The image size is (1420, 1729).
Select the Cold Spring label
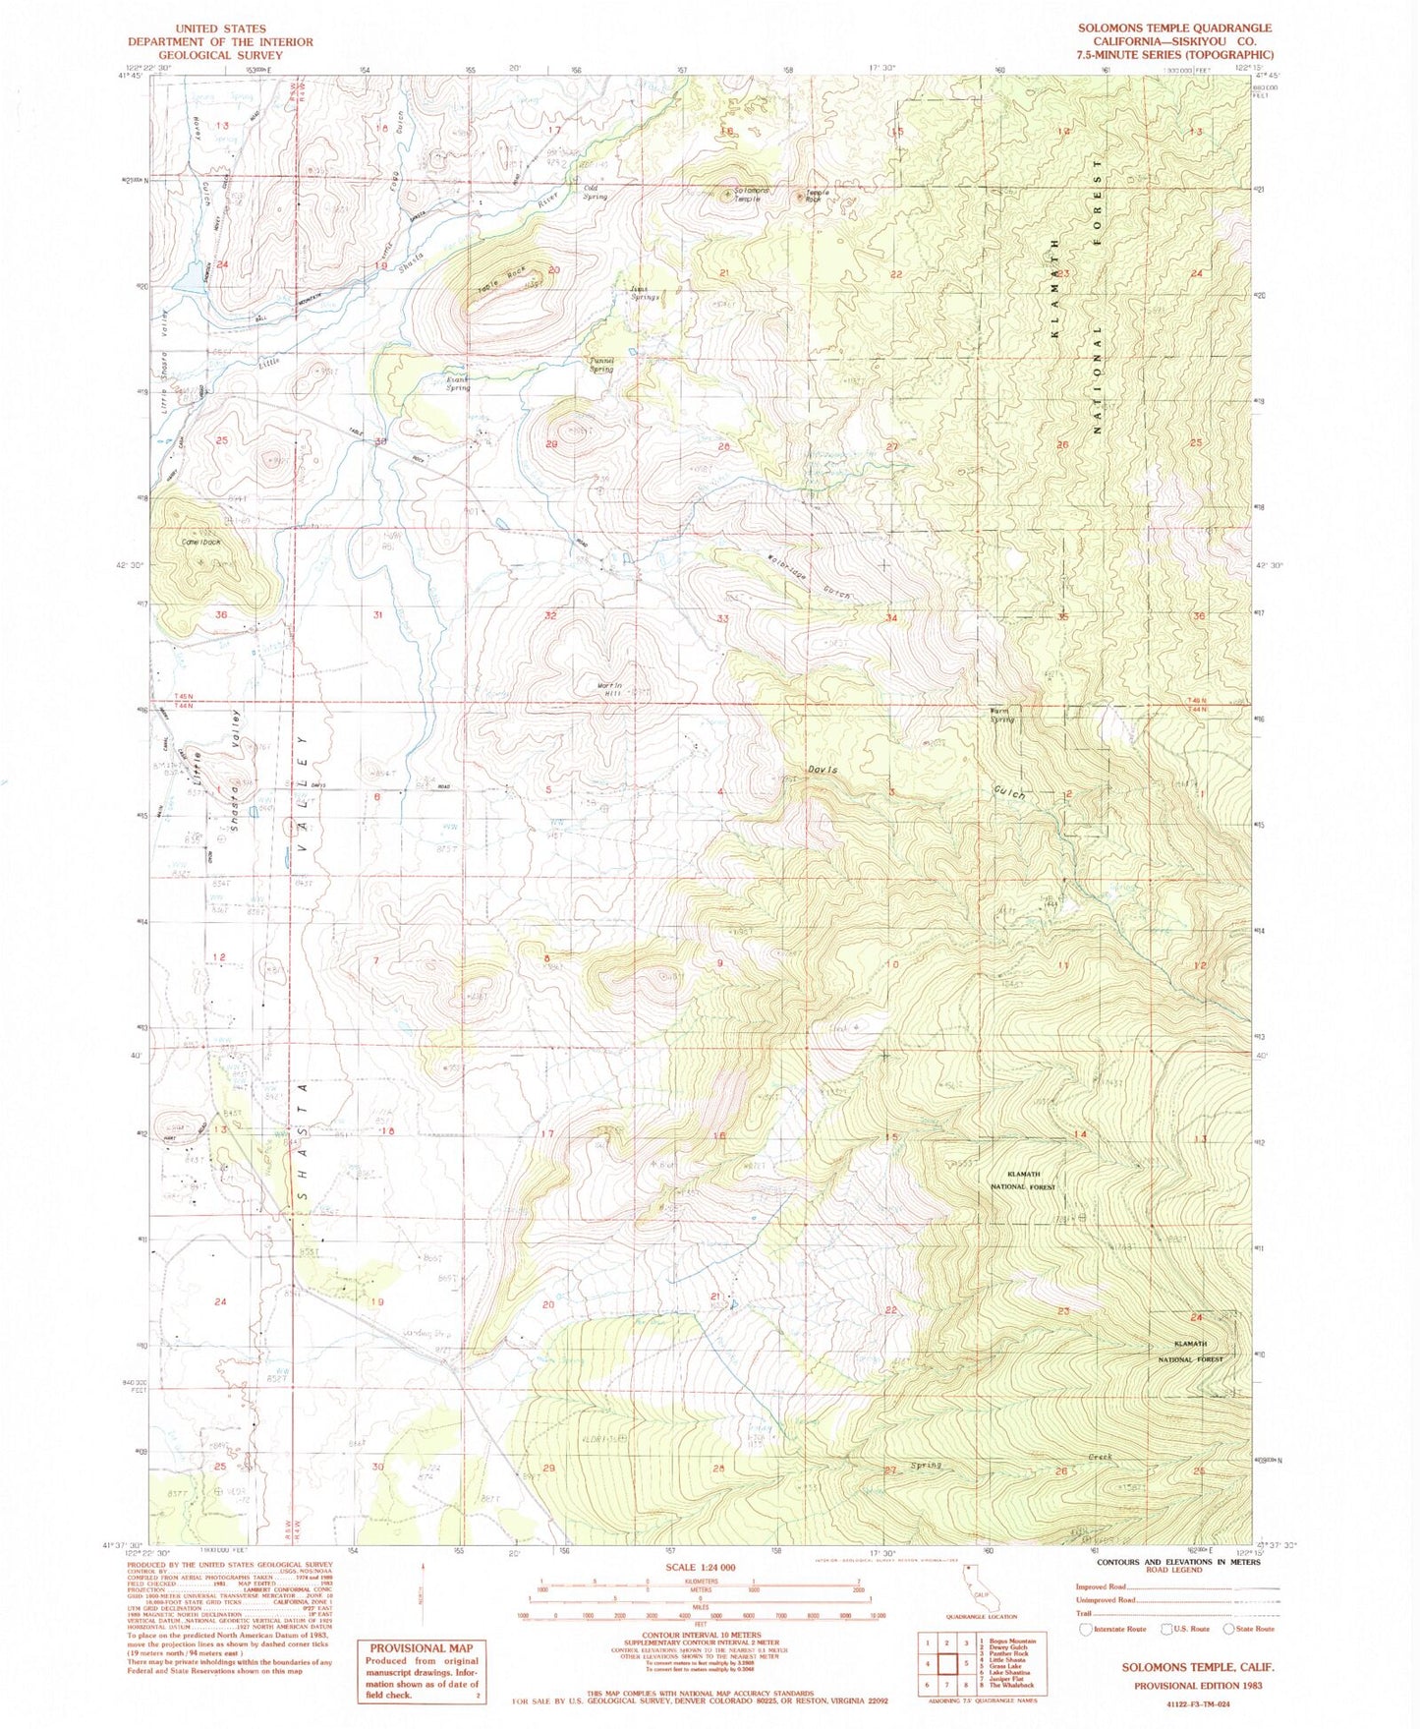[x=595, y=192]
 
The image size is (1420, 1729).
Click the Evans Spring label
[x=457, y=382]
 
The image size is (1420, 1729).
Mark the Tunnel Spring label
[x=600, y=365]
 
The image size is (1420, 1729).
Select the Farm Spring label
[x=1000, y=715]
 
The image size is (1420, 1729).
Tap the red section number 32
[x=549, y=615]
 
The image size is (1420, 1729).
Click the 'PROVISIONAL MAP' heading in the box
[x=421, y=1648]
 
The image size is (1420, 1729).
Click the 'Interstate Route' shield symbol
[x=1085, y=1629]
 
